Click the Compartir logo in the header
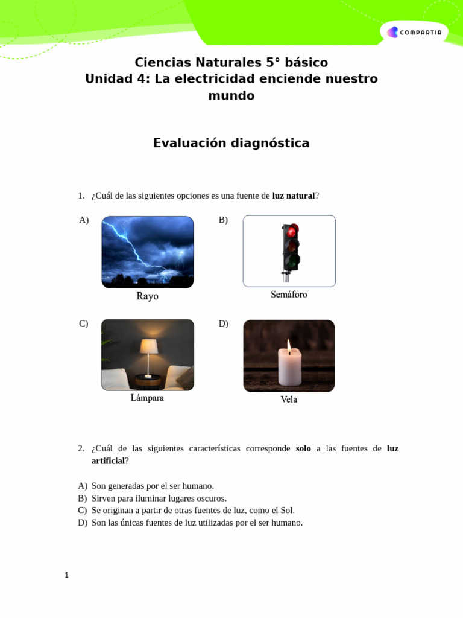(414, 32)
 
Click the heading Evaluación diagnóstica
(231, 143)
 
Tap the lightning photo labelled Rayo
(148, 252)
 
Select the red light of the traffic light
(292, 231)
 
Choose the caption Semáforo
(289, 295)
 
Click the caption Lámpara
(147, 398)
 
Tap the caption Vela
(289, 400)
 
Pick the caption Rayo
(147, 296)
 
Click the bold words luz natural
(294, 196)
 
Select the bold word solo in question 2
(303, 448)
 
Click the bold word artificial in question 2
(108, 461)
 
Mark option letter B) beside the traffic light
(223, 220)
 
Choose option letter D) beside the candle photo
(223, 323)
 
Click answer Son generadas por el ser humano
(153, 486)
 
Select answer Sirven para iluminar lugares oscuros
(159, 498)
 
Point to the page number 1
(67, 575)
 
